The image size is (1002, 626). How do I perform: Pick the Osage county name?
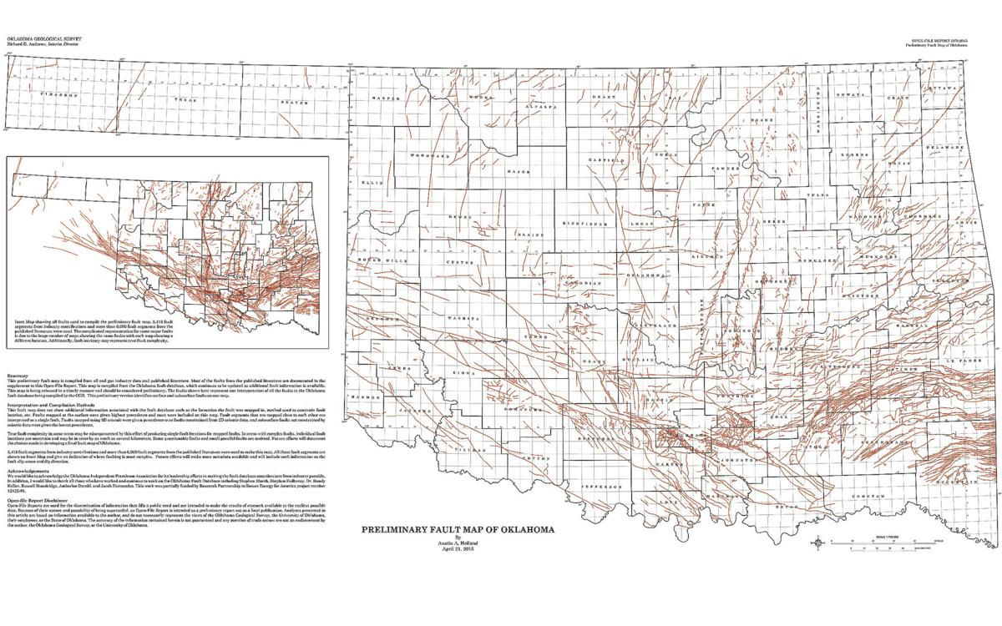(762, 120)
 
